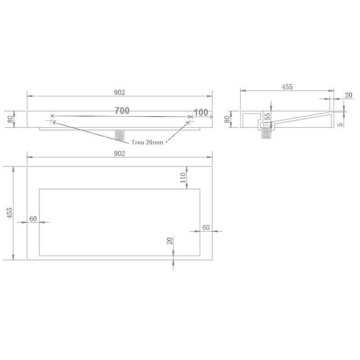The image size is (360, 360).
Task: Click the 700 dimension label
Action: (122, 111)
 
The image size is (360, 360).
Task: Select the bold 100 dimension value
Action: (201, 112)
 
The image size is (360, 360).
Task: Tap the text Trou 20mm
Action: (147, 142)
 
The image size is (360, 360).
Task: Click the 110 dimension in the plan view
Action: (183, 177)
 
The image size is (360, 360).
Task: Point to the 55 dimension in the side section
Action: (267, 117)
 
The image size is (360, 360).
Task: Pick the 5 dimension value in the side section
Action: (341, 125)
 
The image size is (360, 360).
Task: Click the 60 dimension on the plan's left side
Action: (33, 219)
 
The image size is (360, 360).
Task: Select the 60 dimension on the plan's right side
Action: (206, 228)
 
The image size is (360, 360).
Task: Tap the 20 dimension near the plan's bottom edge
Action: (170, 241)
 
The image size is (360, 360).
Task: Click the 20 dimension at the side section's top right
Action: (348, 95)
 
